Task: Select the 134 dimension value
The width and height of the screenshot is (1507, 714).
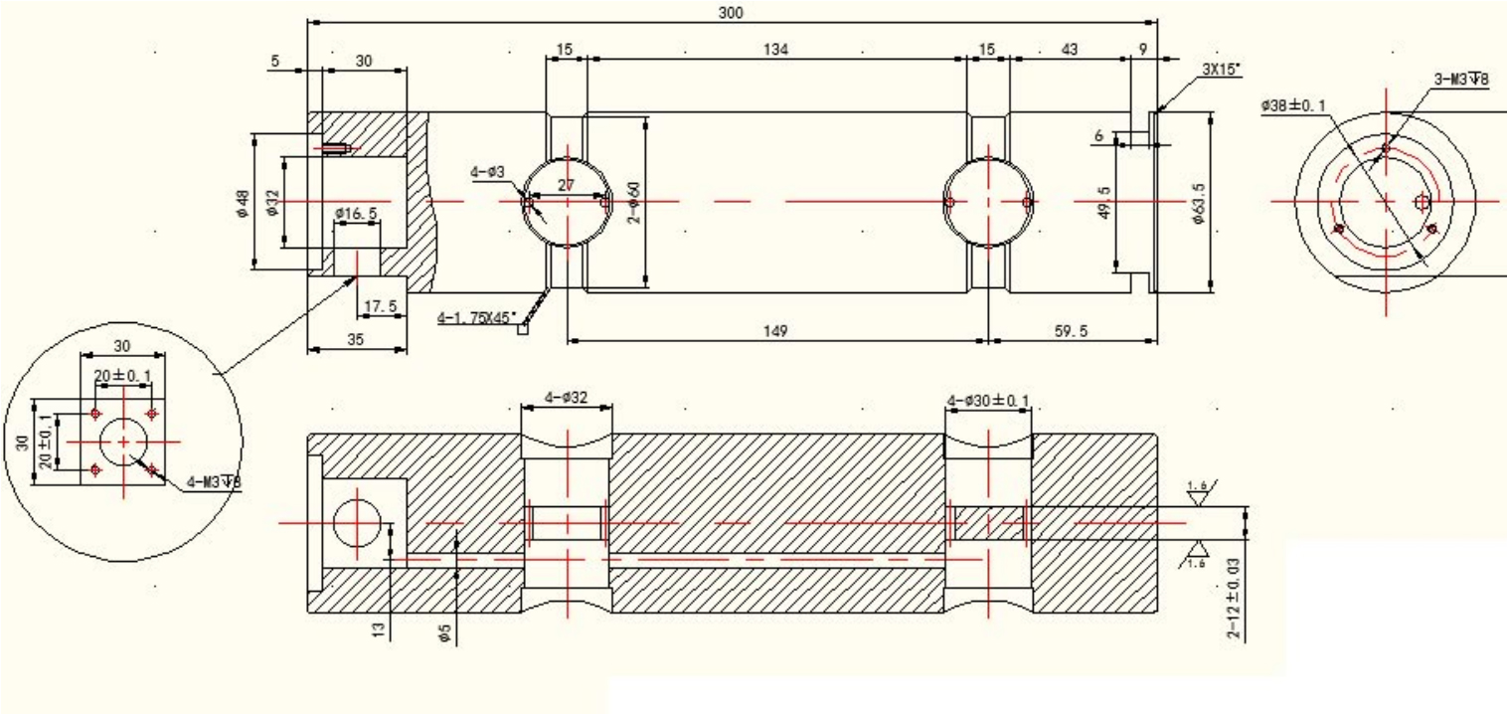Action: pyautogui.click(x=776, y=50)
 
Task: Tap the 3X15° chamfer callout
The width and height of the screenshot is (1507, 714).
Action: pyautogui.click(x=1222, y=71)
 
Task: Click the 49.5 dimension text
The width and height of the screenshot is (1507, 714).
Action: pyautogui.click(x=1103, y=203)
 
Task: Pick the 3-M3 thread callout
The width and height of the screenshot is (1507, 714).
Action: pyautogui.click(x=1461, y=82)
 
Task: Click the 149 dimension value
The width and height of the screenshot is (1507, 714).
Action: pyautogui.click(x=776, y=332)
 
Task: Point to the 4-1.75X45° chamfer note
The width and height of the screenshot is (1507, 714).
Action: pyautogui.click(x=477, y=318)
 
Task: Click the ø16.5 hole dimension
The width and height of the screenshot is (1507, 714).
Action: pyautogui.click(x=356, y=214)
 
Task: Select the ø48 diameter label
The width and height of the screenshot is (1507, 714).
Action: pyautogui.click(x=242, y=203)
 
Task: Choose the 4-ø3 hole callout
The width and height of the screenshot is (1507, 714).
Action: pyautogui.click(x=488, y=172)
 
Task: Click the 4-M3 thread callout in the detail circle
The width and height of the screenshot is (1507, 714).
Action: pyautogui.click(x=215, y=482)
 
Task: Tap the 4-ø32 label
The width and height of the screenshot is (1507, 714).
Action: pyautogui.click(x=566, y=398)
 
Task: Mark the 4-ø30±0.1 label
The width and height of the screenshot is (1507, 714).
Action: pyautogui.click(x=988, y=401)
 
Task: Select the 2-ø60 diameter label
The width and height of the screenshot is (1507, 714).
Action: pyautogui.click(x=632, y=203)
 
